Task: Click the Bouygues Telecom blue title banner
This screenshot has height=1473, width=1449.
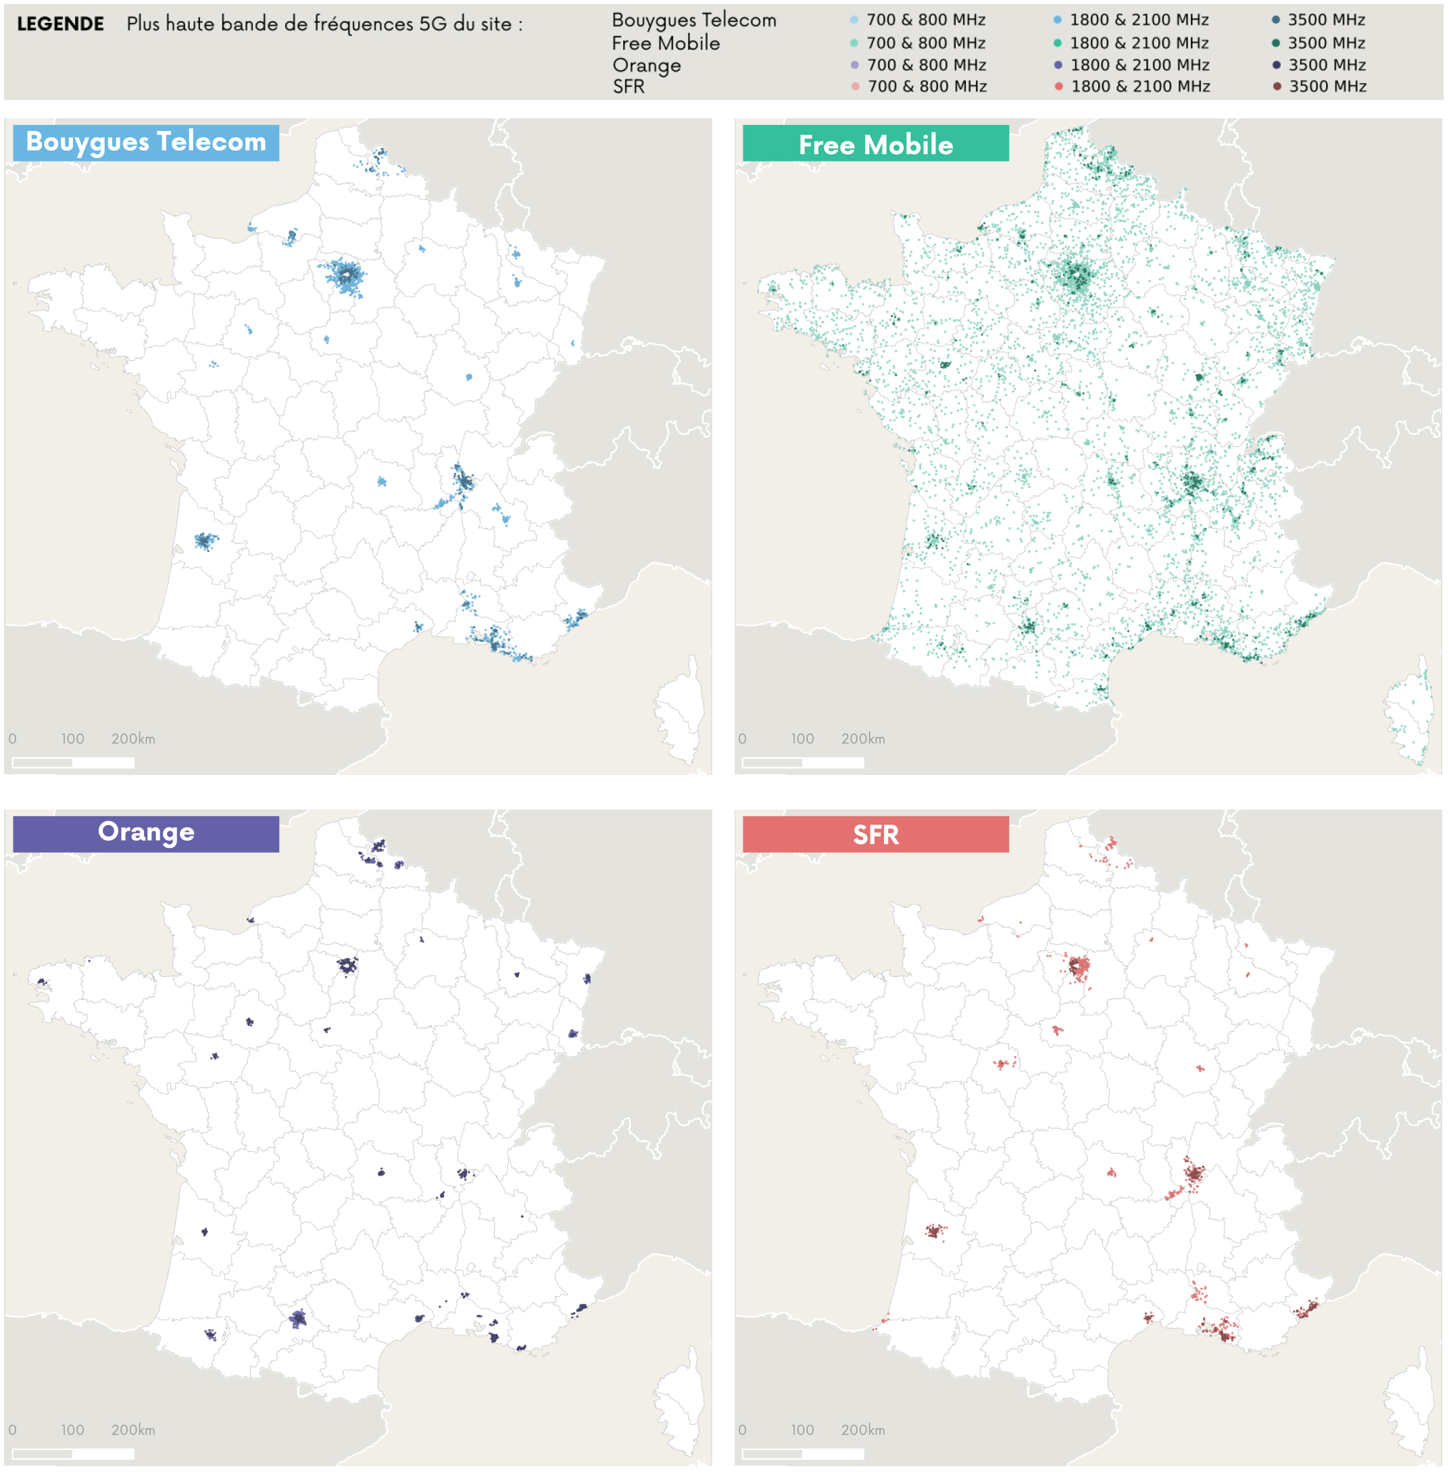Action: (145, 143)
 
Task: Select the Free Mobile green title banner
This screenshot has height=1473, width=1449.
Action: (875, 144)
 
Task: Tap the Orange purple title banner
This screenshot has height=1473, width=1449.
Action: (145, 833)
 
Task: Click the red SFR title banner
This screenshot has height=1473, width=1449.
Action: (875, 834)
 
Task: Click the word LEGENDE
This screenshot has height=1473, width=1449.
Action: (60, 24)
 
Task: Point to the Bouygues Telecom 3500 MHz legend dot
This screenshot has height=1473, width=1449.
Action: (1275, 20)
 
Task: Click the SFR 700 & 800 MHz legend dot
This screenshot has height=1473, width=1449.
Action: (856, 86)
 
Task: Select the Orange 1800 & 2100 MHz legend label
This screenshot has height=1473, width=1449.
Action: (1139, 65)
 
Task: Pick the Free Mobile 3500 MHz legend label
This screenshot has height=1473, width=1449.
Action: (1327, 43)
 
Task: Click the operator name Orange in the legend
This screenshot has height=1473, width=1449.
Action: (646, 65)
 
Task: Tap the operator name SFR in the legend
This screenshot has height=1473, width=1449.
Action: (629, 86)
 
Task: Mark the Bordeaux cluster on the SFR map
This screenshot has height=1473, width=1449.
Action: (935, 1230)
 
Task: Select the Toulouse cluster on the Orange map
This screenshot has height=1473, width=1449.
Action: (297, 1318)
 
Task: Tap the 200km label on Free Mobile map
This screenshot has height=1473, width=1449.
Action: (862, 738)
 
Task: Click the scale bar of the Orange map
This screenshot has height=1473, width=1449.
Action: (73, 1453)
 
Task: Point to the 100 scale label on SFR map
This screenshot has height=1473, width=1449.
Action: (802, 1430)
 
